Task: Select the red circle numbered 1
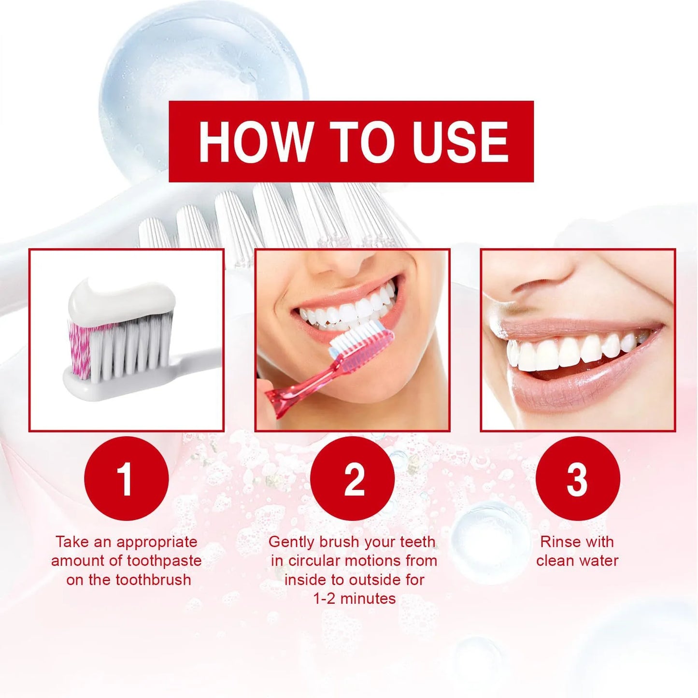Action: click(x=126, y=478)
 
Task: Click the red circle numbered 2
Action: click(x=352, y=478)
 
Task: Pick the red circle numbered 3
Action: click(x=578, y=478)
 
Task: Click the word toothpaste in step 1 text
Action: click(x=164, y=561)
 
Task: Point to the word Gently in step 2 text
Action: click(x=291, y=542)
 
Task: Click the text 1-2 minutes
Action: click(x=354, y=598)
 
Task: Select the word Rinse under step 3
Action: click(x=558, y=542)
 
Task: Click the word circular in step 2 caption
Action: click(x=319, y=561)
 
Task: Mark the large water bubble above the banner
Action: click(x=203, y=63)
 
